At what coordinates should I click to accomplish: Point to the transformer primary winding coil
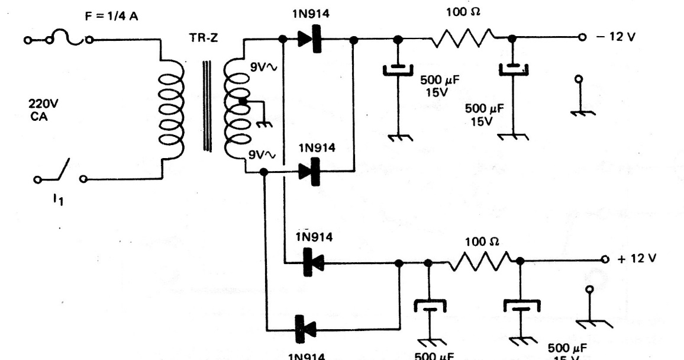coord(169,109)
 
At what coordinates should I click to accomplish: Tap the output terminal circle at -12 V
coord(582,37)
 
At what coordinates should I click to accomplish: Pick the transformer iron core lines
coord(207,107)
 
